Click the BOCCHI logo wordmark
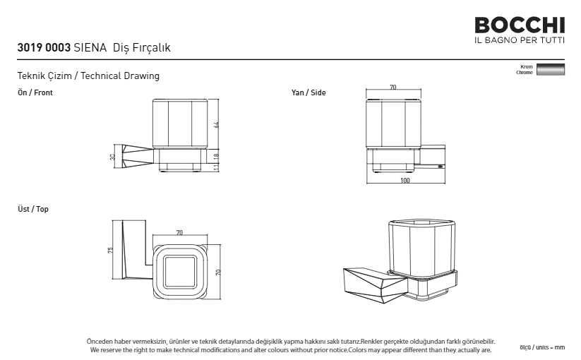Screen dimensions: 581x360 click(520, 25)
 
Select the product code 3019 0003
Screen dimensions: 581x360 click(44, 47)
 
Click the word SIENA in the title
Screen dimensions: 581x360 click(90, 47)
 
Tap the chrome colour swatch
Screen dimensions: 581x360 click(551, 70)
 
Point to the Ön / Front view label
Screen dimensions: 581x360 click(35, 92)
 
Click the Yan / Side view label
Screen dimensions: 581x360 click(309, 92)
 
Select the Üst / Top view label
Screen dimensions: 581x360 click(33, 209)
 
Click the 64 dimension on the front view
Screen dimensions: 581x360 click(217, 125)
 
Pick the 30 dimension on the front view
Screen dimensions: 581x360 click(113, 157)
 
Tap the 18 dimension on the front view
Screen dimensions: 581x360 click(217, 156)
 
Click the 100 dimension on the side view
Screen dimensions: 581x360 click(405, 181)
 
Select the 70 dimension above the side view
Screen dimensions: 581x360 click(393, 87)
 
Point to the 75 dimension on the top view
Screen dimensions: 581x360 click(110, 251)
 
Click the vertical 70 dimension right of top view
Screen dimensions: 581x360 click(218, 272)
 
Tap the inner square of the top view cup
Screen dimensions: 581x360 click(180, 272)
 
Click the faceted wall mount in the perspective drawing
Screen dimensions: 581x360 click(375, 284)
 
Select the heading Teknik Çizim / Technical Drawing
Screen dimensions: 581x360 click(88, 76)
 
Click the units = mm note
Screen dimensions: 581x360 click(542, 347)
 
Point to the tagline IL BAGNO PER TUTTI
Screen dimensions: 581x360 click(520, 40)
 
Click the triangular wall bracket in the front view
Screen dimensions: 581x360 click(138, 155)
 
